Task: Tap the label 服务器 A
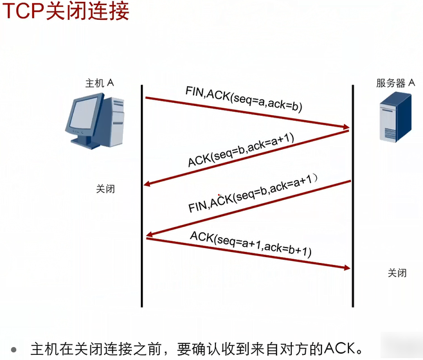click(x=395, y=83)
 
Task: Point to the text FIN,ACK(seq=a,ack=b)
click(x=244, y=98)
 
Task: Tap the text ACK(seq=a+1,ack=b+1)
click(x=250, y=244)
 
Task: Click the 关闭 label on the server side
click(x=397, y=273)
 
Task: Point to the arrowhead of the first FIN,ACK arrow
click(x=346, y=128)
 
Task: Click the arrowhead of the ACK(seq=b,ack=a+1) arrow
click(x=148, y=185)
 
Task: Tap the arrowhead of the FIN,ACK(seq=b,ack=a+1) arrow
click(x=150, y=235)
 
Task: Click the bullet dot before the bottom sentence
click(x=14, y=346)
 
